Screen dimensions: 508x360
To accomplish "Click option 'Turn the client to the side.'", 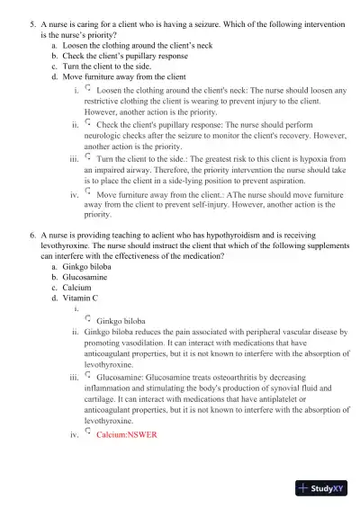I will (x=105, y=66).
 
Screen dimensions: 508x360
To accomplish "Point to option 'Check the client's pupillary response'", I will (x=121, y=55).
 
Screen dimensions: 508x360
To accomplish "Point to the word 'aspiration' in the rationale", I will (x=279, y=180).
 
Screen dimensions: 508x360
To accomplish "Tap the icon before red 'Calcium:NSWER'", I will (x=87, y=432).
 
